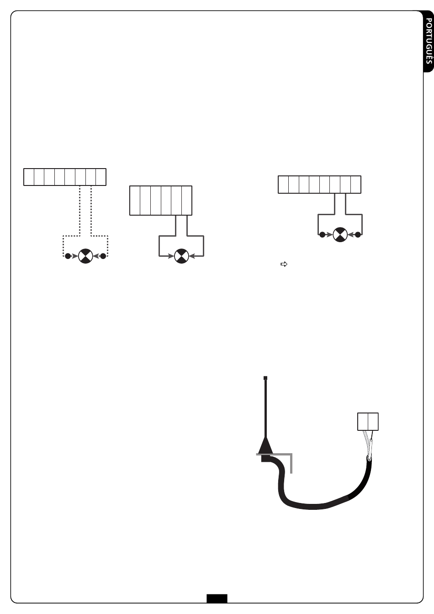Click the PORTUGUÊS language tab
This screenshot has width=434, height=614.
click(x=428, y=43)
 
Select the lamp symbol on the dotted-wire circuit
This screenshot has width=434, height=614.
click(x=85, y=256)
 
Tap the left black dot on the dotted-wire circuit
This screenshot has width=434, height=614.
click(x=68, y=256)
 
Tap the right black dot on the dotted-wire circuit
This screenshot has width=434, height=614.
click(x=103, y=256)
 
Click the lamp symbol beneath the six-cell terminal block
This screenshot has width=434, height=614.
click(x=182, y=256)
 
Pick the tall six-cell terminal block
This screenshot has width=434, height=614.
click(x=161, y=200)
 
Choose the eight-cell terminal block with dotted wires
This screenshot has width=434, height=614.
click(x=65, y=177)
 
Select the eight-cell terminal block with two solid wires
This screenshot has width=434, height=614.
click(x=319, y=184)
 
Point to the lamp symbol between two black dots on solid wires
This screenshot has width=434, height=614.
click(x=340, y=235)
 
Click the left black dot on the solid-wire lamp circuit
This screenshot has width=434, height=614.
click(x=322, y=235)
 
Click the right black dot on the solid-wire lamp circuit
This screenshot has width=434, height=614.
click(x=358, y=235)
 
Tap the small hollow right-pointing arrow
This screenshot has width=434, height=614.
click(x=283, y=264)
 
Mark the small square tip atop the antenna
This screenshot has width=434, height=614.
click(x=265, y=378)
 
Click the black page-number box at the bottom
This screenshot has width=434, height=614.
click(x=217, y=598)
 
